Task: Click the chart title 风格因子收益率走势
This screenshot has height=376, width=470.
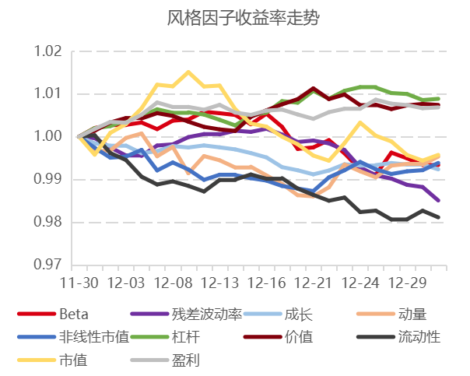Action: [235, 18]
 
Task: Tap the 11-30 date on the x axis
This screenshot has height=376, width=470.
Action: [79, 281]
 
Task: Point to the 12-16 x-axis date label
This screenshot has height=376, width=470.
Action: [266, 281]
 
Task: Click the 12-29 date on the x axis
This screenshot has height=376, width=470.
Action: [407, 281]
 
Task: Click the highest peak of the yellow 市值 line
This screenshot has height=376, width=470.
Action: [188, 72]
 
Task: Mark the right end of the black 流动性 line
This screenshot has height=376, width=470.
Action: [438, 217]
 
